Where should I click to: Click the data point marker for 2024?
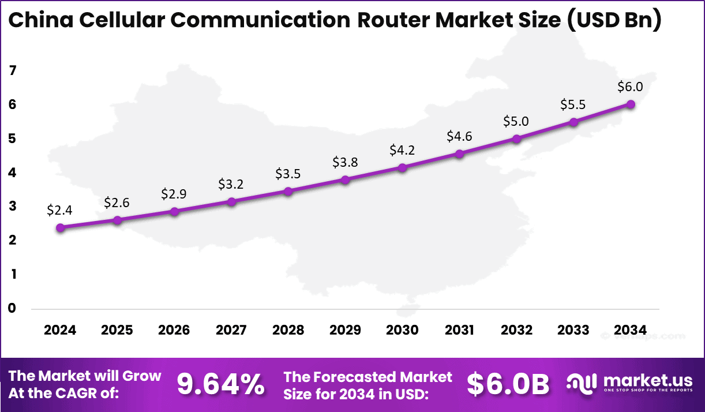pos(61,227)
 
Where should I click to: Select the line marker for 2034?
pos(631,104)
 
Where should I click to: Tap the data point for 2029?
pos(345,180)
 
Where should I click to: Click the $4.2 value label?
pos(402,151)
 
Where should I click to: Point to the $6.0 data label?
pos(630,87)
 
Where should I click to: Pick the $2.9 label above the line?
pos(174,194)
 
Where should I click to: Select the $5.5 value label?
pos(573,105)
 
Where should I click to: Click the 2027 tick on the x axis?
pos(231,330)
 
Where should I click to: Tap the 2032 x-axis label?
pos(516,330)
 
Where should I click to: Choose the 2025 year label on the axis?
pos(117,330)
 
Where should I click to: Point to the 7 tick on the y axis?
pos(13,71)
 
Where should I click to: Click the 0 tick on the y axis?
pos(13,309)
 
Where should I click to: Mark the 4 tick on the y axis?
pos(13,173)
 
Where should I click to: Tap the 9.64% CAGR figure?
pos(221,384)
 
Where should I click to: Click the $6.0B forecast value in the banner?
pos(508,384)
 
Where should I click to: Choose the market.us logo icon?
pos(582,384)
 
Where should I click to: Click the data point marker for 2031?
pos(459,154)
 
